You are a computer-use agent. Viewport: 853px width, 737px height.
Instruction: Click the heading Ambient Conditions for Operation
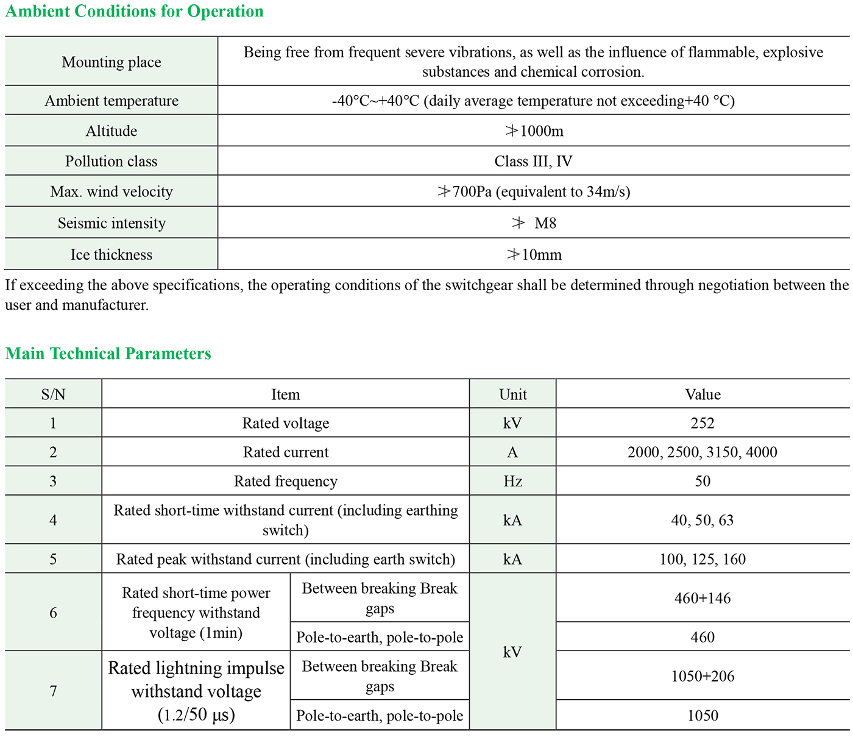pos(134,12)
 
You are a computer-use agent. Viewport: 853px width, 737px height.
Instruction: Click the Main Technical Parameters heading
pos(108,354)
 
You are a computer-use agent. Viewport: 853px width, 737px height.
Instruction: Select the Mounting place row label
pos(111,62)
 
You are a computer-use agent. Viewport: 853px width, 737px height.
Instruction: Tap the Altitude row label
pos(111,131)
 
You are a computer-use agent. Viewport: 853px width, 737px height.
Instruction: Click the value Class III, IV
pos(533,162)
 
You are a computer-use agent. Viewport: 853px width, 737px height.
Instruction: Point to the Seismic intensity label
pos(111,223)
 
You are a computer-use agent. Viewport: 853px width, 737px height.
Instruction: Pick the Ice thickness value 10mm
pos(534,255)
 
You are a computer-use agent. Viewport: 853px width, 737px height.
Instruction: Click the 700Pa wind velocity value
pos(534,192)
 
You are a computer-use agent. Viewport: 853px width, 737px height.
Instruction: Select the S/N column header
pos(54,394)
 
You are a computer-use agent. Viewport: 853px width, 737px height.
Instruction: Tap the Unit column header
pos(512,394)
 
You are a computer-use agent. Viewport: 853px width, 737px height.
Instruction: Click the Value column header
pos(703,394)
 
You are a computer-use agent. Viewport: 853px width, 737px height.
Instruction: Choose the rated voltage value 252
pos(703,423)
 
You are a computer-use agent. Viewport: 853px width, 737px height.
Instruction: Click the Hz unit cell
pos(512,482)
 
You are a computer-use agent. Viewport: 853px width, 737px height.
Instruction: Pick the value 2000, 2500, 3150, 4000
pos(703,452)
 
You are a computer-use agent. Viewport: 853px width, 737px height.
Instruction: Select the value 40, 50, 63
pos(703,520)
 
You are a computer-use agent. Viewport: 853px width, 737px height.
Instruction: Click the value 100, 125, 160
pos(703,559)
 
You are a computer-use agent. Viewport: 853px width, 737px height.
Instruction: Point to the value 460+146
pos(703,598)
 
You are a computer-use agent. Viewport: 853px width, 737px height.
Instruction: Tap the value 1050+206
pos(703,676)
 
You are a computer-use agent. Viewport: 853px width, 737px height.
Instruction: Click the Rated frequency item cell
pos(286,482)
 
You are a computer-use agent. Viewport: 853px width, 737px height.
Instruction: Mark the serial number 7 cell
pos(54,691)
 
